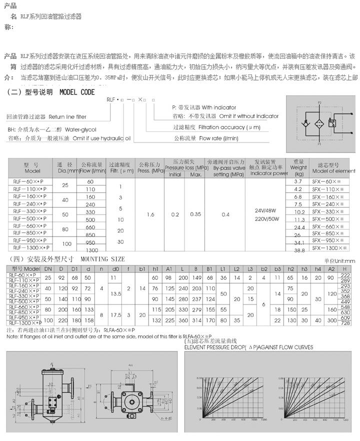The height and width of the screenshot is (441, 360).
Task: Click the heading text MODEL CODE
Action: (77, 92)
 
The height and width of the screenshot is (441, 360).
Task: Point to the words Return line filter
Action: (67, 116)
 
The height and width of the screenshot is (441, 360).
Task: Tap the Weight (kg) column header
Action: (299, 168)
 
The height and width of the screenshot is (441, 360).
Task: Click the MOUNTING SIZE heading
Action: (102, 259)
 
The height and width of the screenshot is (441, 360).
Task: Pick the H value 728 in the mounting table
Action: (344, 324)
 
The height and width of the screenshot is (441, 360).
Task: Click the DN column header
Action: (48, 269)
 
